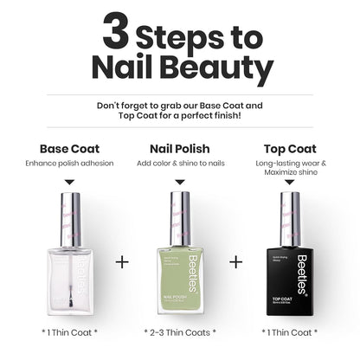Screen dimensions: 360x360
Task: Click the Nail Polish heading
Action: [x=179, y=148]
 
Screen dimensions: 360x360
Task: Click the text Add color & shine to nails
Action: [x=179, y=163]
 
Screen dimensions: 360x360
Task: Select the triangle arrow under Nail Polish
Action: [x=180, y=182]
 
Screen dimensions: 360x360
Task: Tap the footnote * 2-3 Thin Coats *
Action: [x=179, y=331]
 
